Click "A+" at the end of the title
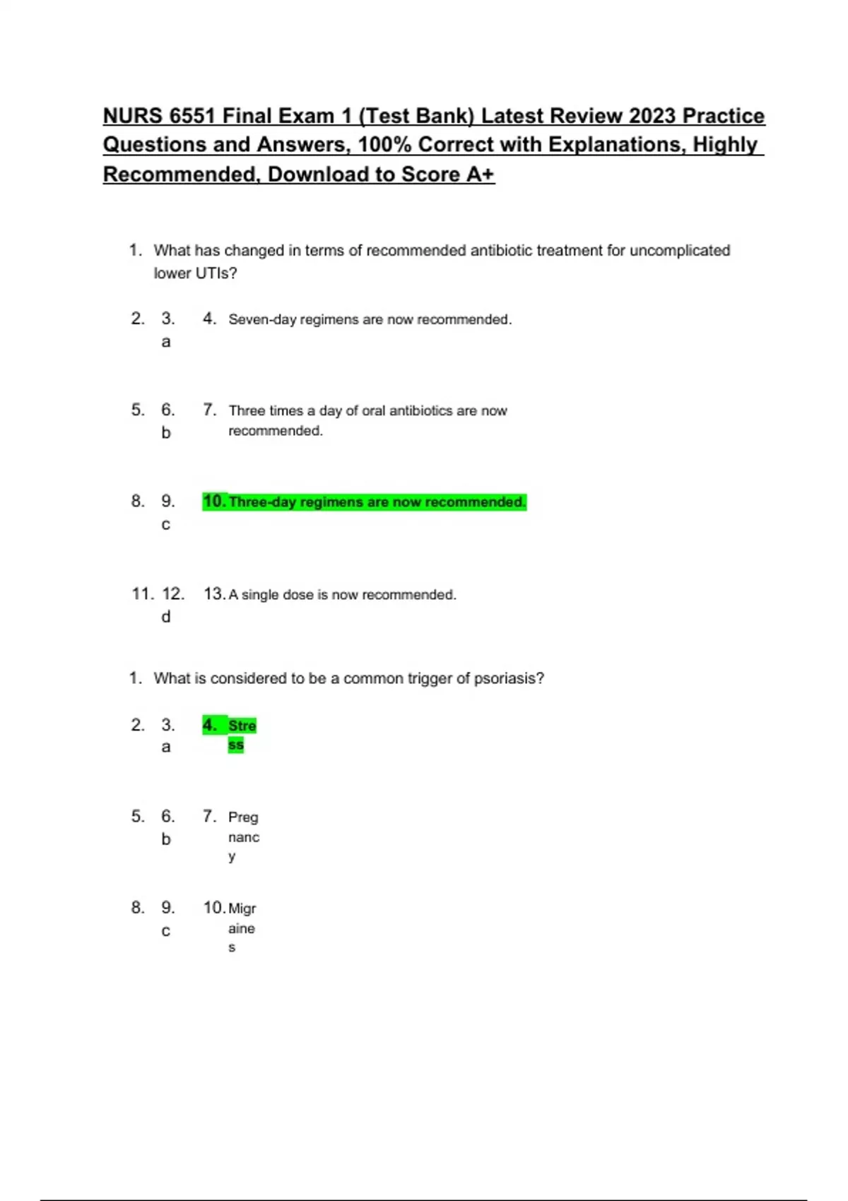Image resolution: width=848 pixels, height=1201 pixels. (481, 174)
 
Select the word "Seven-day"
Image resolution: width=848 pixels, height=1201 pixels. (261, 320)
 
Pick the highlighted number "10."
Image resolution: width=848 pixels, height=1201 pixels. (214, 502)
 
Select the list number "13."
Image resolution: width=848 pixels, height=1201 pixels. (214, 594)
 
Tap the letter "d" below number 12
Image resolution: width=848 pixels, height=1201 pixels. (166, 617)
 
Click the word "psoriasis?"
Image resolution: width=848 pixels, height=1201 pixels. (509, 678)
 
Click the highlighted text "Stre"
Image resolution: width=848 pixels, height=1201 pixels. (242, 726)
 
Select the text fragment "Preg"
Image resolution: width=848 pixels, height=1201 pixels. (243, 817)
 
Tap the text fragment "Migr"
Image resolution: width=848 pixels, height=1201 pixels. (242, 909)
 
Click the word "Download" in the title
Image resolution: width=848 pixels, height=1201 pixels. (322, 174)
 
